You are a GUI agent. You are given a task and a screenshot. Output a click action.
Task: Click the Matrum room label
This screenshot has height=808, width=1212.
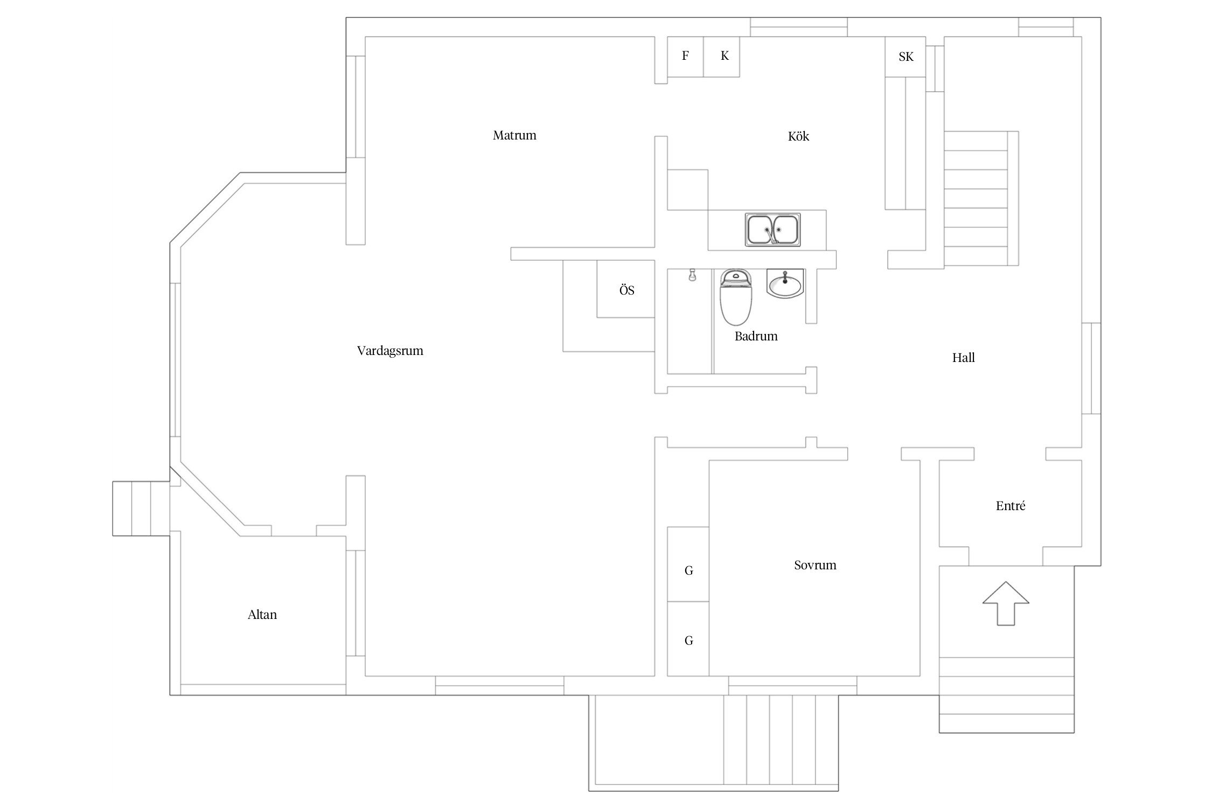point(514,135)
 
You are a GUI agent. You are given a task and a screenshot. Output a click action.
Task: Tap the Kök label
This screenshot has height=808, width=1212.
point(798,136)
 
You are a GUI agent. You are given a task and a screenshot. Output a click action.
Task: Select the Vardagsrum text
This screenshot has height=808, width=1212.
point(390,351)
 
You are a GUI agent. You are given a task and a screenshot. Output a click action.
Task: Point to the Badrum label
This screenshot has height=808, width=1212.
point(756,336)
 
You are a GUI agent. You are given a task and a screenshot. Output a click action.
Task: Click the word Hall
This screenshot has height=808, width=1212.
point(963,358)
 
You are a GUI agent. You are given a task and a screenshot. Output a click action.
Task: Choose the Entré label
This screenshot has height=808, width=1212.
point(1011,506)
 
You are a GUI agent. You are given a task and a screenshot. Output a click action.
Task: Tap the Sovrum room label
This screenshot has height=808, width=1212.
point(815,565)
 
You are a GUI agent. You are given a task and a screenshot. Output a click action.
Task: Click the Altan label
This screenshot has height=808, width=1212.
point(262,615)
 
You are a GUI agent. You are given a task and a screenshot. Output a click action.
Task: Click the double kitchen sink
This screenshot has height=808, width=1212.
point(773,230)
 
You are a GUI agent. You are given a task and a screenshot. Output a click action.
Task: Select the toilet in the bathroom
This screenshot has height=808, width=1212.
point(735,298)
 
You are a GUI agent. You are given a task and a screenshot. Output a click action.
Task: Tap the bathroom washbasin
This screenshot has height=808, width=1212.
point(785,283)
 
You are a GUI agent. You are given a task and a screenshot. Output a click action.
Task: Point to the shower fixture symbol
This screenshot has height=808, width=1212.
point(692,276)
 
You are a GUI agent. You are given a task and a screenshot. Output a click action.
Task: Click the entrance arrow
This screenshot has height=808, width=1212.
point(1006,603)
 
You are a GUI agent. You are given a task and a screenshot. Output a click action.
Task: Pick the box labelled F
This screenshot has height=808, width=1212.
point(685,57)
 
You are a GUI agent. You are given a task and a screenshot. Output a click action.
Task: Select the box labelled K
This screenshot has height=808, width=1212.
point(722,57)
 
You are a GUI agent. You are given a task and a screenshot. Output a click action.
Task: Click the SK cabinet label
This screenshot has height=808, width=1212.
point(906,57)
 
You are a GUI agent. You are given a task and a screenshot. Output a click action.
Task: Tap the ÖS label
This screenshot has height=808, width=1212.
point(626,290)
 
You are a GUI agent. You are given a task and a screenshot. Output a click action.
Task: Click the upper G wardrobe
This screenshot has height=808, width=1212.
point(688,564)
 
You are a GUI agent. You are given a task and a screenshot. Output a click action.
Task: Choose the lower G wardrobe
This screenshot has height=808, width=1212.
point(688,639)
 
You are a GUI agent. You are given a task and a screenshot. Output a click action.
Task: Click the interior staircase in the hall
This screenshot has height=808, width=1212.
point(976,199)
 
